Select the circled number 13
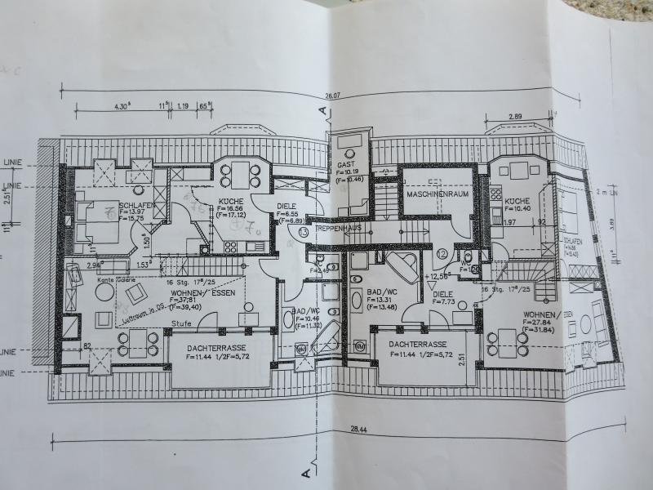coord(304,233)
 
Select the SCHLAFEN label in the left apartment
coord(132,206)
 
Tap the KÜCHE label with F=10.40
coord(518,201)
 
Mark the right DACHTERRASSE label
coord(416,345)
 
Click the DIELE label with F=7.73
coord(443,294)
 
